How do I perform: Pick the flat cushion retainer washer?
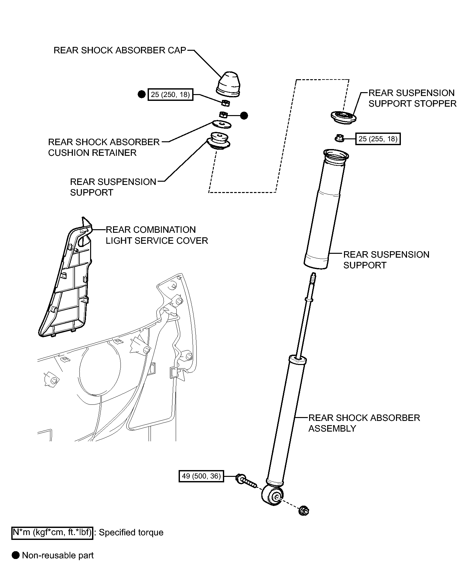click(x=222, y=124)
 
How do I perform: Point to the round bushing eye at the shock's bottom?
click(x=273, y=497)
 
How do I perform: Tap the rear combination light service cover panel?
click(x=65, y=278)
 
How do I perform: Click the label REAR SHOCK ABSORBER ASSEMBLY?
click(x=364, y=423)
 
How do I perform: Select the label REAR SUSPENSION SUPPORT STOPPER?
click(x=412, y=98)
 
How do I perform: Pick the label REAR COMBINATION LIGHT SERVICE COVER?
click(x=157, y=235)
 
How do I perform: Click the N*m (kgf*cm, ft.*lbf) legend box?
click(x=52, y=532)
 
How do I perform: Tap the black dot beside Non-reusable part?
click(x=16, y=555)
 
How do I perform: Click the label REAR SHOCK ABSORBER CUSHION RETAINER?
click(x=104, y=147)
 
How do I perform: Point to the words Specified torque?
click(x=131, y=533)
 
